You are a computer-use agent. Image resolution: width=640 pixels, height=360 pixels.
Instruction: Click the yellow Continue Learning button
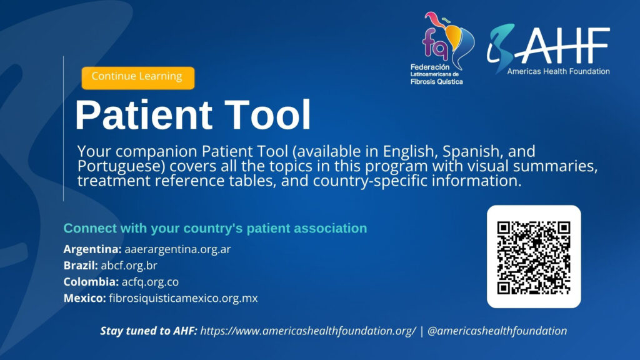coord(138,78)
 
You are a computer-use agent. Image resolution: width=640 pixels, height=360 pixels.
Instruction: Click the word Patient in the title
coord(144,115)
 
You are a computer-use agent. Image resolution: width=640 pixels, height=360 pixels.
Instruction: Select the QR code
coord(534,257)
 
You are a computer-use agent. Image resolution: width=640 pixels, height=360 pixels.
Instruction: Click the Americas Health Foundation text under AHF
coord(558,71)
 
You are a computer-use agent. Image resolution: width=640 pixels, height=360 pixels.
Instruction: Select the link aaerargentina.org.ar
coord(177,249)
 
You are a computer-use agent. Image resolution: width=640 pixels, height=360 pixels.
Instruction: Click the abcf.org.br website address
coord(129,265)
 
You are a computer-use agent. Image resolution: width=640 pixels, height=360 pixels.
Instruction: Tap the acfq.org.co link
coord(150,282)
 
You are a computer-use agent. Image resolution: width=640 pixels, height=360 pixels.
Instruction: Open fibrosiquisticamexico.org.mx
coord(183,298)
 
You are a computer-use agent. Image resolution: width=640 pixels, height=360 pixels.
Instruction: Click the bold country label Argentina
coord(92,249)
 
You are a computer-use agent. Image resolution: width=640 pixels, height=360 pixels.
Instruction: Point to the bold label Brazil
coord(81,265)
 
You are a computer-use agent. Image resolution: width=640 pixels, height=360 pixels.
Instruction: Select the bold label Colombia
coord(91,282)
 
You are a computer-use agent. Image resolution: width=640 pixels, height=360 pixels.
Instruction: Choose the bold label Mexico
coord(85,298)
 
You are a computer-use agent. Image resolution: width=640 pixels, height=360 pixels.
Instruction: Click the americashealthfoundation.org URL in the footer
coord(308,331)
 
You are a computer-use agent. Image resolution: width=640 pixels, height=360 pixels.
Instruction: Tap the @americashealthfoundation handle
coord(497,331)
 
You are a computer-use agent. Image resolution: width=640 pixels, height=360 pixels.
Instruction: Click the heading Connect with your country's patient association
coord(215,228)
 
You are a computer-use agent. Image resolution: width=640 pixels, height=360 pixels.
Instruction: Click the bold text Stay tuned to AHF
coord(149,331)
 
